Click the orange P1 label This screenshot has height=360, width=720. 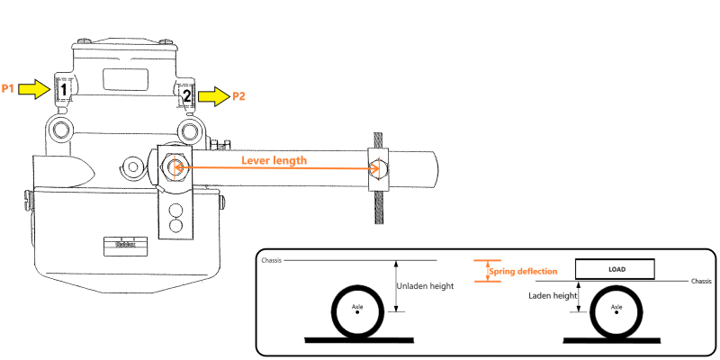8,88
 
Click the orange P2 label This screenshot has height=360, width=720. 238,95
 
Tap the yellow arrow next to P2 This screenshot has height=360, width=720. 213,95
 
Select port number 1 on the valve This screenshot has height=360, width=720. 64,89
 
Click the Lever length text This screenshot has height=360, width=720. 274,159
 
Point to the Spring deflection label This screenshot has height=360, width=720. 523,271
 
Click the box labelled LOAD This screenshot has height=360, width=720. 616,269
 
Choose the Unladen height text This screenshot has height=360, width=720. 424,287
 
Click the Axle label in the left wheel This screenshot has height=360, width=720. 356,307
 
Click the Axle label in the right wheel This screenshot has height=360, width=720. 616,307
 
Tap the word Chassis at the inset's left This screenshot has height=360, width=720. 272,261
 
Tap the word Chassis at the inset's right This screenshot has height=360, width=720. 700,282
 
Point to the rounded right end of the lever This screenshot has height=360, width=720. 434,168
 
